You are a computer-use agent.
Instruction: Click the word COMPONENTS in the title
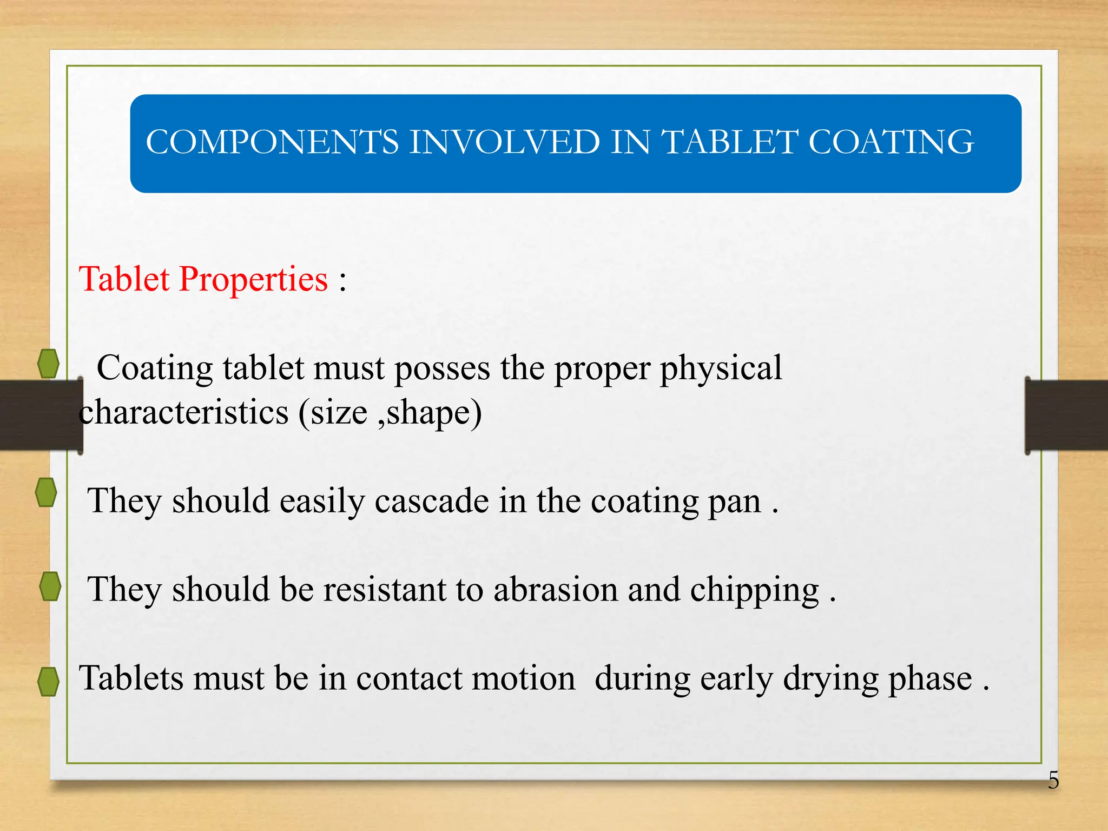(272, 142)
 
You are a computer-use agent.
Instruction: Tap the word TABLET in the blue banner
(730, 142)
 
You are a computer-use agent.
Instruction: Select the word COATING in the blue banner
(891, 142)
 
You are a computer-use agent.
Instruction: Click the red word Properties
(253, 280)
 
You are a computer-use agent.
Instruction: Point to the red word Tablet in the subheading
(124, 279)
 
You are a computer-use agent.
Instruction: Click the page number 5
(1053, 781)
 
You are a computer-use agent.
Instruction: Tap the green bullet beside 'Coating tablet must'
(49, 364)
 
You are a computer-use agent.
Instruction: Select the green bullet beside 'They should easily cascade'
(46, 492)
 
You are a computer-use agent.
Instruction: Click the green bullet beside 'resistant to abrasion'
(50, 586)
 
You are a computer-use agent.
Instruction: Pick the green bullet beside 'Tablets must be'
(49, 682)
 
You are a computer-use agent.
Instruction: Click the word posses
(442, 369)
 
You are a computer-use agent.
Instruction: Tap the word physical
(721, 369)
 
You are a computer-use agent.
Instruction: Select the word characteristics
(184, 413)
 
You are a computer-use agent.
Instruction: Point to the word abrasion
(555, 589)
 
